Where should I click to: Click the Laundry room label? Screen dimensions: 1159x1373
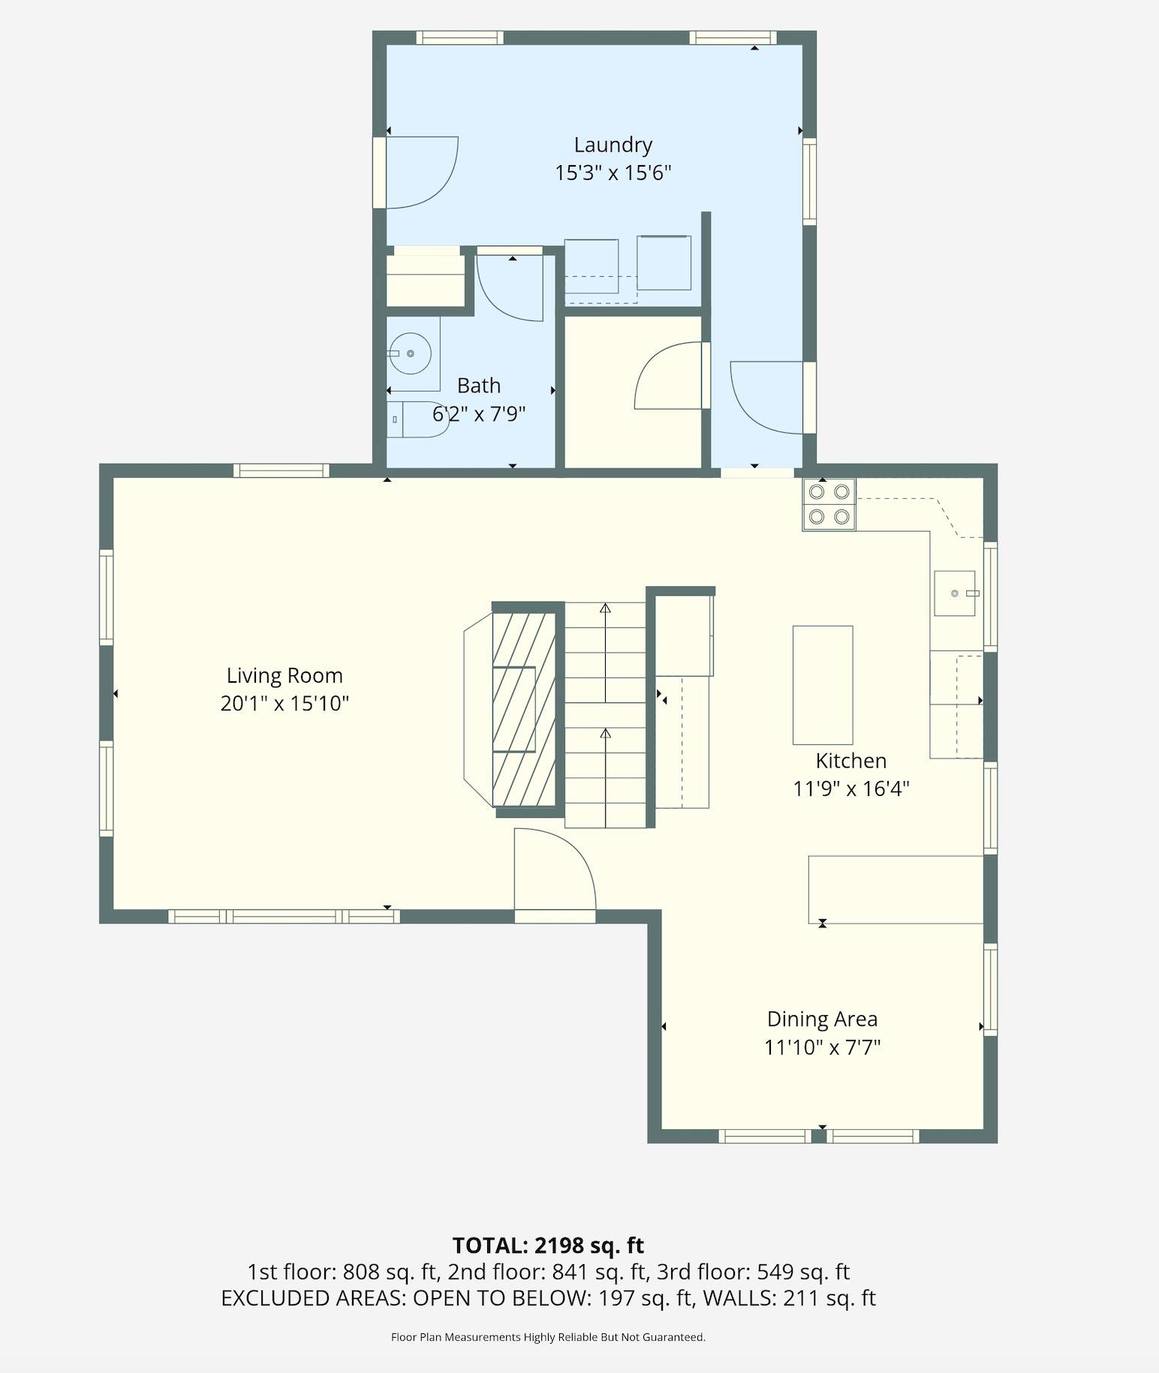(613, 145)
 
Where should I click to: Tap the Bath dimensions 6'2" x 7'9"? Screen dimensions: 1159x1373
(479, 413)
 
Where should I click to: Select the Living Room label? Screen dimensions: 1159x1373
(284, 676)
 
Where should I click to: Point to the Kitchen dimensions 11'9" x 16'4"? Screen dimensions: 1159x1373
(851, 789)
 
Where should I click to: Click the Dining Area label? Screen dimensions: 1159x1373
(822, 1020)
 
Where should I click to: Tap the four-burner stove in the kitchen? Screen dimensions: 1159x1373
(829, 504)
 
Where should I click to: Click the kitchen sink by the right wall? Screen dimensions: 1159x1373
(955, 593)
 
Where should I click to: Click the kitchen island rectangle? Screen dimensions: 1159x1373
(823, 685)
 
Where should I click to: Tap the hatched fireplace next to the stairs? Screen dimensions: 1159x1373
(524, 709)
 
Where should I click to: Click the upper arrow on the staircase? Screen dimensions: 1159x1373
(605, 653)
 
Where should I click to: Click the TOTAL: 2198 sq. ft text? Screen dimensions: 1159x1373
(548, 1246)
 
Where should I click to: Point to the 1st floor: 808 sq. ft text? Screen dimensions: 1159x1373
(342, 1272)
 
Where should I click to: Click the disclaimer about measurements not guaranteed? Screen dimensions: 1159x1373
(548, 1337)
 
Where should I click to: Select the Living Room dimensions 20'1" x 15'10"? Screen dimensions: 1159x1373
(284, 704)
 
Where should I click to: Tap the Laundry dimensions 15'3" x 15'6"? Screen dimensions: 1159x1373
(613, 173)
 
